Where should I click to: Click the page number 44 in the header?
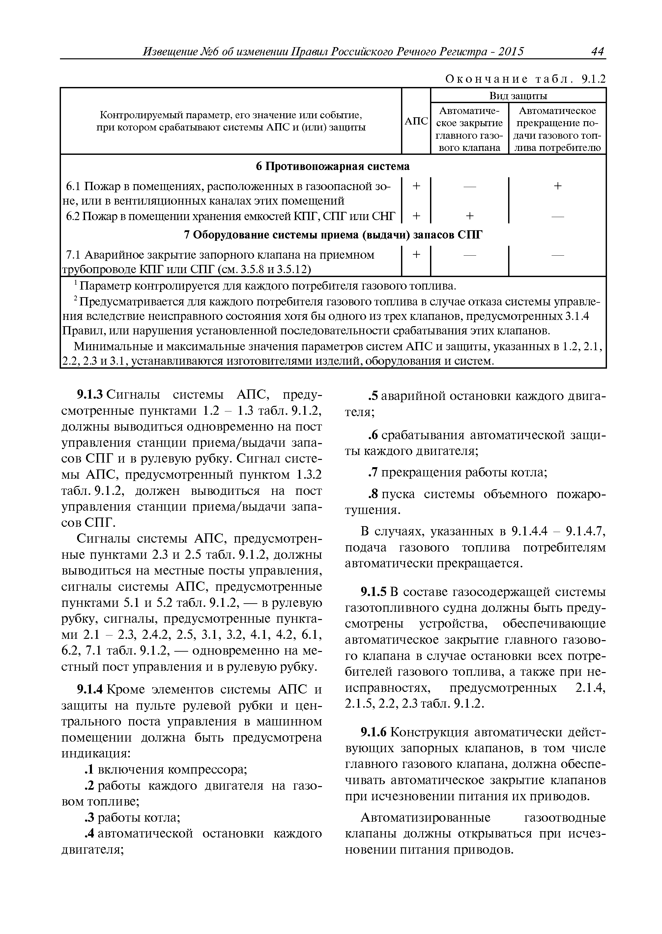point(597,52)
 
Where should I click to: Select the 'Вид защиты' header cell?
point(518,96)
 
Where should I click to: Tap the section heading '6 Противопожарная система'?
point(332,166)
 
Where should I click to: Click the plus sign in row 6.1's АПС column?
point(416,186)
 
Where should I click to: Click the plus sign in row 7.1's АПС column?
point(416,254)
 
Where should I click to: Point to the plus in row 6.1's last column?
point(557,186)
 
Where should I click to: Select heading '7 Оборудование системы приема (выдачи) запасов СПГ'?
point(332,235)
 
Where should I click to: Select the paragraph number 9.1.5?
point(374,592)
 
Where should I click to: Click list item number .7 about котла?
point(373,473)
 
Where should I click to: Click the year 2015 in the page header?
point(511,52)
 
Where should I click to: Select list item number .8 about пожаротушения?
point(373,494)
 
